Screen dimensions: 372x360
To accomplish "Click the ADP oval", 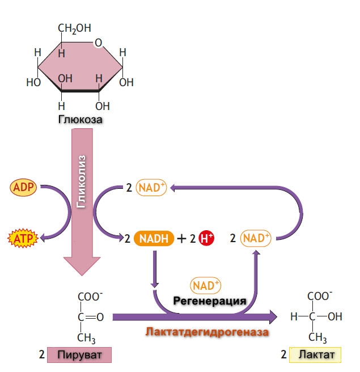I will [x=23, y=187].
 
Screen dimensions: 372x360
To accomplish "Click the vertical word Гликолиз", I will [x=82, y=187].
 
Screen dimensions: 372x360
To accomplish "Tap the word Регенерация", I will [x=209, y=300].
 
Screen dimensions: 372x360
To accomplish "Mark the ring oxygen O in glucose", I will [x=99, y=43].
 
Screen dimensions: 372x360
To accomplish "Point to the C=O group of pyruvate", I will [x=90, y=317].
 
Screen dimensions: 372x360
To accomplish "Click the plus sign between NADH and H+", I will [x=181, y=239].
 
